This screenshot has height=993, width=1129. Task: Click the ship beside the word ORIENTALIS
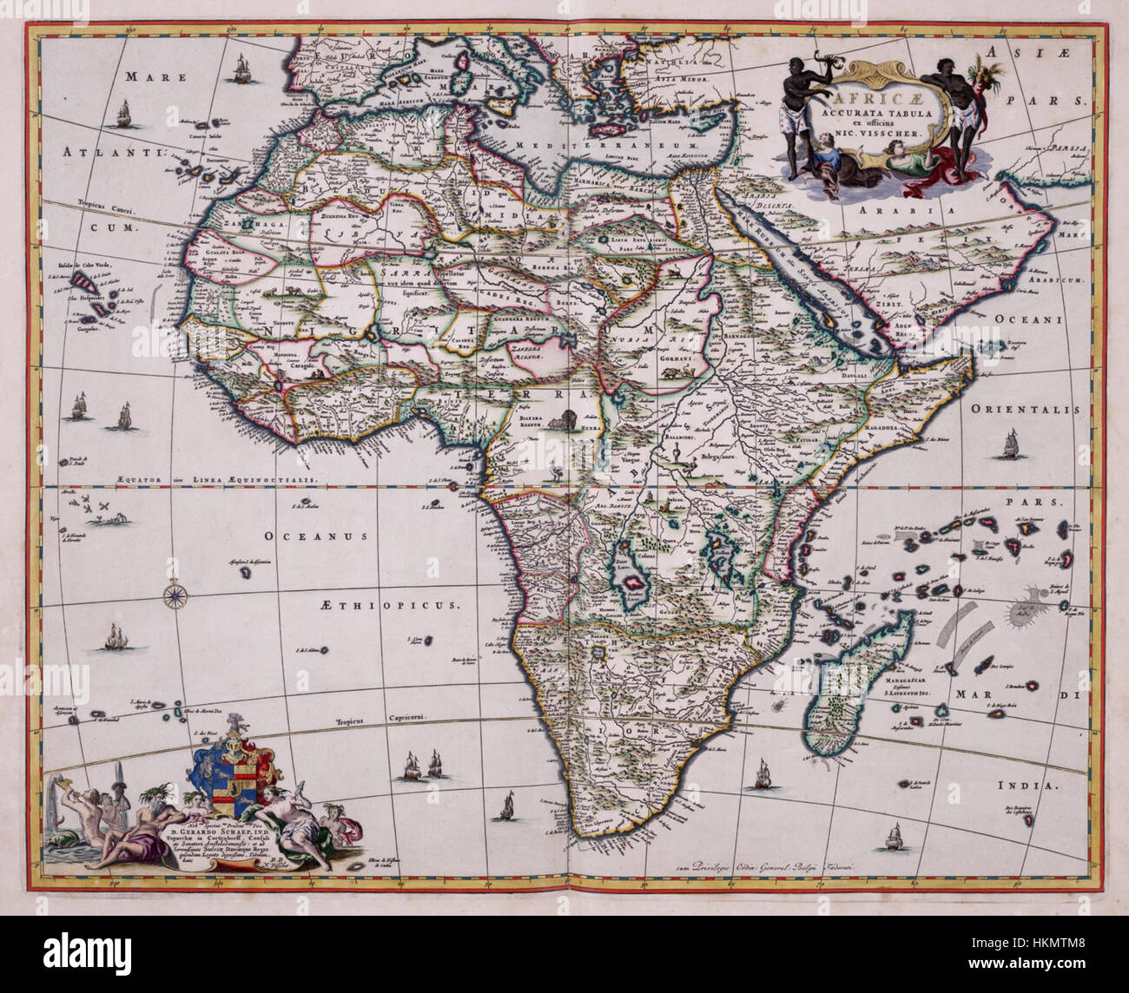tap(1010, 445)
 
